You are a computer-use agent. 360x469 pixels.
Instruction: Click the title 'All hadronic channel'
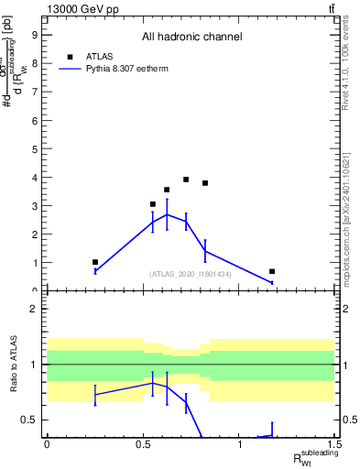click(x=191, y=38)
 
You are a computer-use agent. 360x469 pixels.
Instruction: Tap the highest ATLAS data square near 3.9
click(x=186, y=180)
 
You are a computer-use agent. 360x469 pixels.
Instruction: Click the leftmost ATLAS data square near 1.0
click(x=95, y=262)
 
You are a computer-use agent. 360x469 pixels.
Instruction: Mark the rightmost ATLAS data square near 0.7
click(x=272, y=271)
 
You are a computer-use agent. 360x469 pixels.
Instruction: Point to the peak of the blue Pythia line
click(x=167, y=214)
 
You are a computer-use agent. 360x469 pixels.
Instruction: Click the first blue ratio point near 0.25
click(x=95, y=395)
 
